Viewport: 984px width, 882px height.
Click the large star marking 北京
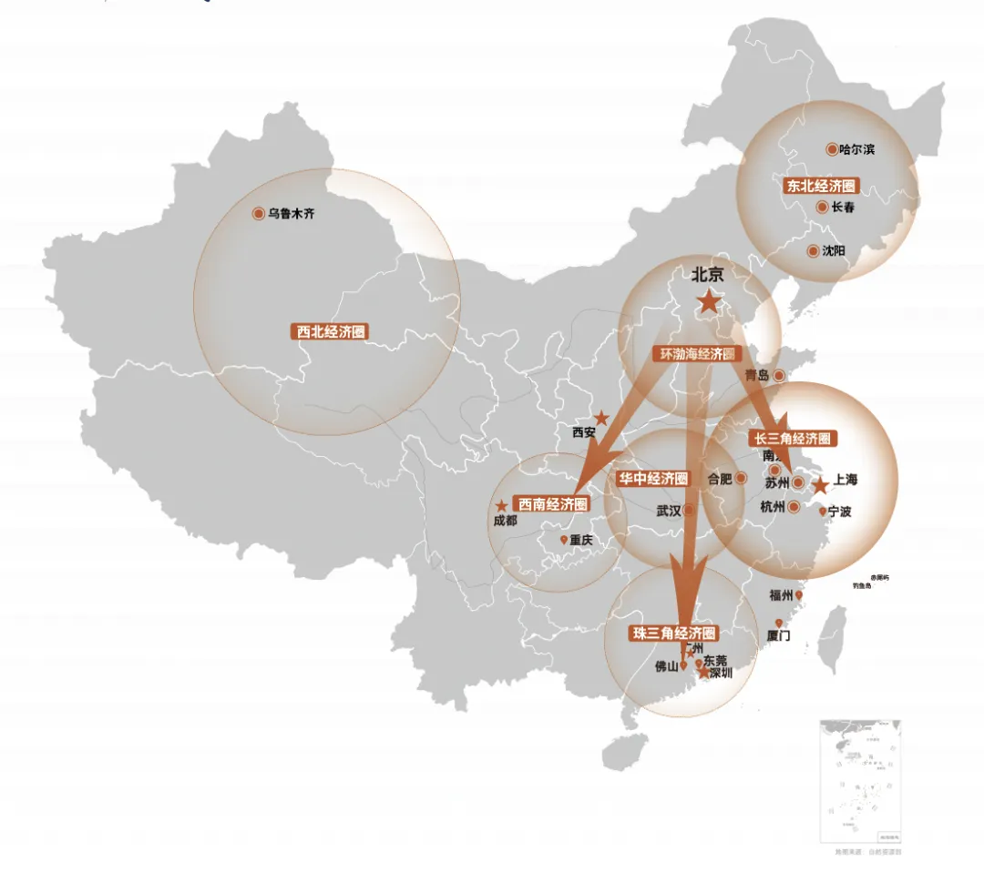coord(708,302)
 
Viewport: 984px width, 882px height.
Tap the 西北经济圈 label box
coord(331,332)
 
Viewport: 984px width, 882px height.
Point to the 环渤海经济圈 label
coord(698,354)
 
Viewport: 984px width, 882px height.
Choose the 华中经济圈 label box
coord(653,479)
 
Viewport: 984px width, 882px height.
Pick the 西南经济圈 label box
coord(552,503)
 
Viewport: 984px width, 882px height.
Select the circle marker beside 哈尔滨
coord(832,149)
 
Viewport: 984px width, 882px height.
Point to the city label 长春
coord(843,208)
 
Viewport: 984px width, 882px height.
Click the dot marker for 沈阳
coord(814,250)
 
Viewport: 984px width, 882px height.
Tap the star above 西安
coord(601,418)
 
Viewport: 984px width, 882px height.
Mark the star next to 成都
coord(500,505)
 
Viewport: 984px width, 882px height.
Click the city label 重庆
coord(581,541)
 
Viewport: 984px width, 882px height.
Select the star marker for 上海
coord(820,486)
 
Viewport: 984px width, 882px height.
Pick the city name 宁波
coord(840,512)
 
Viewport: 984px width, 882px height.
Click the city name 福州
coord(781,596)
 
